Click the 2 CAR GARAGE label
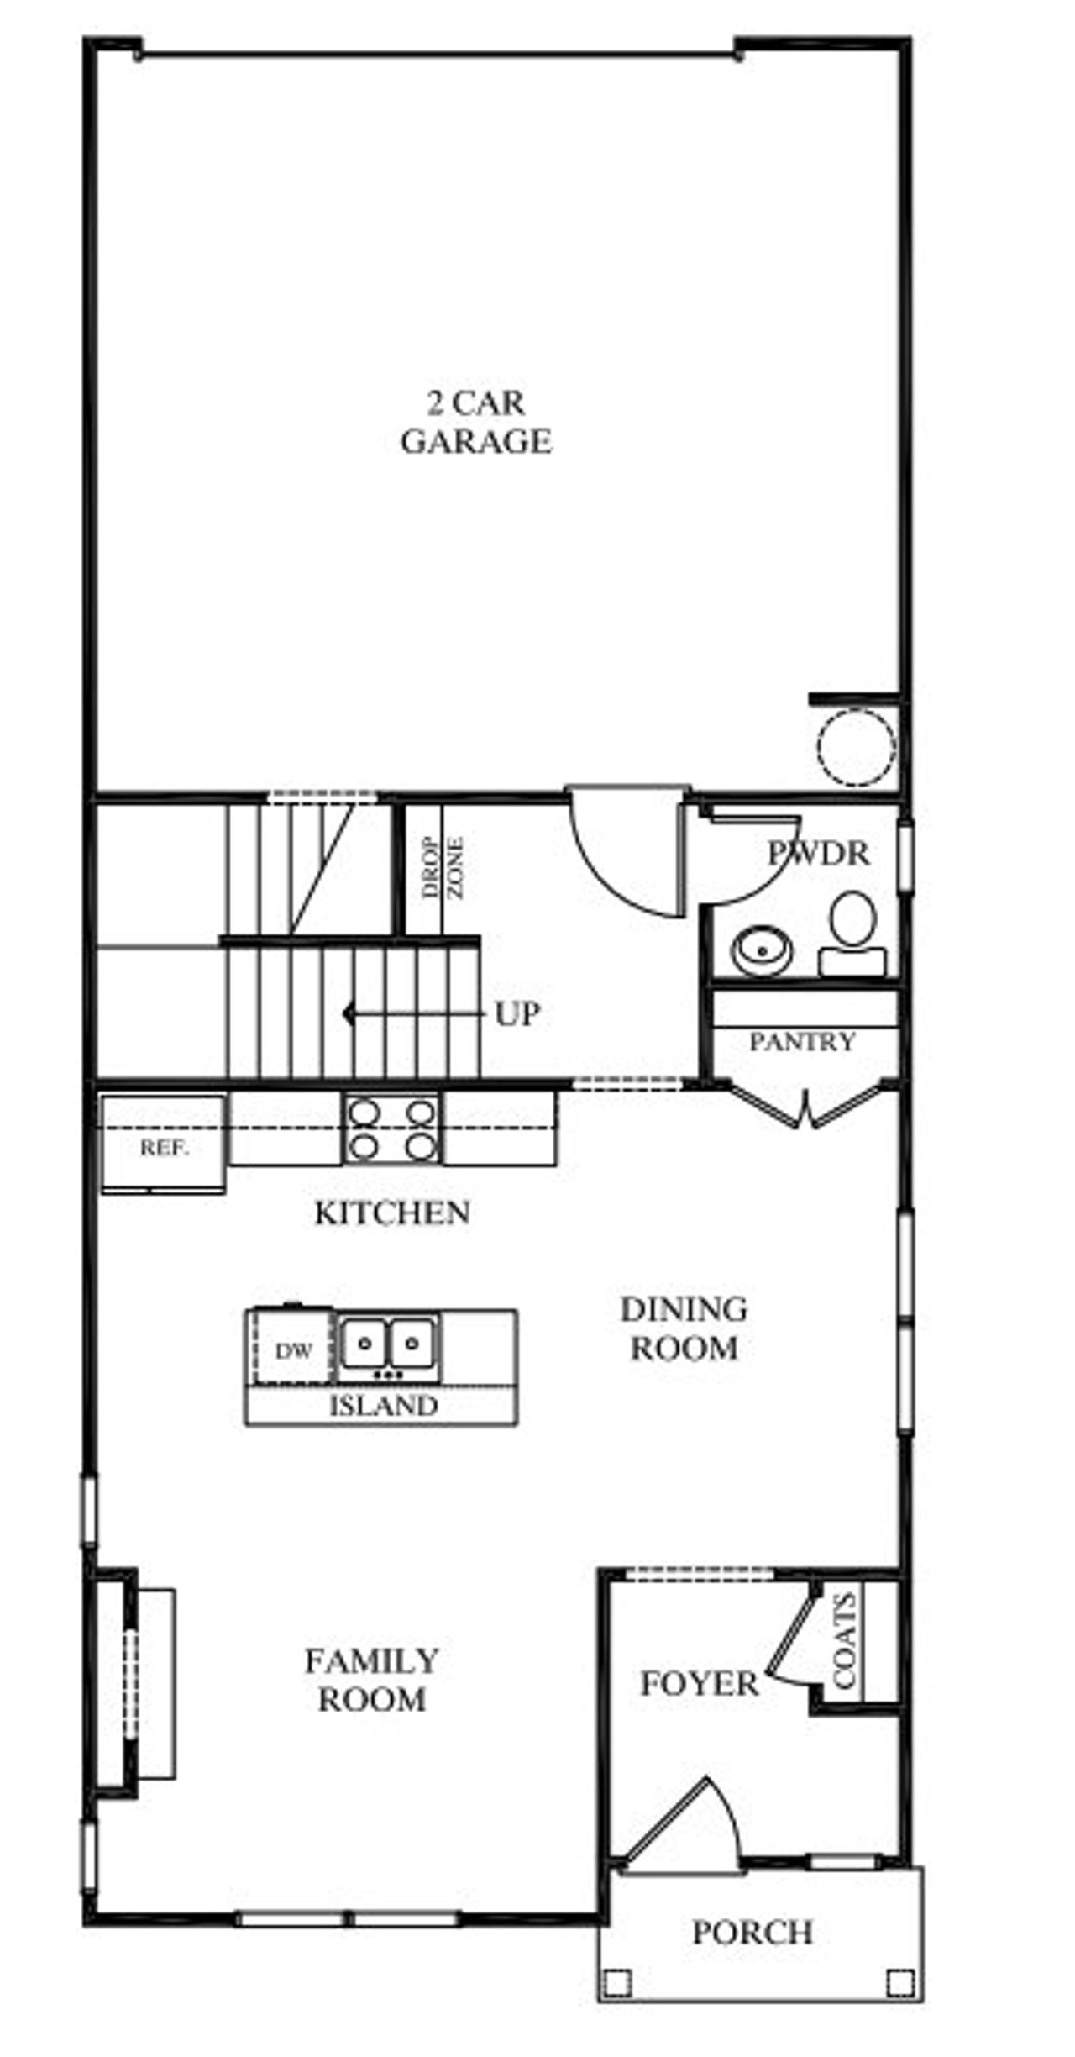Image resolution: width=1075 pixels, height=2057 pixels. pos(475,423)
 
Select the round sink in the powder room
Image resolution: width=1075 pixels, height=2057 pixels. pos(763,950)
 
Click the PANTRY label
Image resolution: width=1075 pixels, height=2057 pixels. pos(802,1042)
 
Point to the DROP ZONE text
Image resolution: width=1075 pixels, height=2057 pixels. pos(443,867)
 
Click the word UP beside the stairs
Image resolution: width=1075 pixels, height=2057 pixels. pos(517,1015)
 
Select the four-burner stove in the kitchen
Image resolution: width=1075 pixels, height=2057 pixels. pos(392,1128)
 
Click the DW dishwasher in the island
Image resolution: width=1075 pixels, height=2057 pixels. pos(293,1351)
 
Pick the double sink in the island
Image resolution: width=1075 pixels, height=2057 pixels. pos(389,1345)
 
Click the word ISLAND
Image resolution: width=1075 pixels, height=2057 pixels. pos(383,1406)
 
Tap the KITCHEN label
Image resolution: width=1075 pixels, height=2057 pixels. pos(392,1213)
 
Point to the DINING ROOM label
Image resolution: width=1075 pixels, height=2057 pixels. pos(684,1328)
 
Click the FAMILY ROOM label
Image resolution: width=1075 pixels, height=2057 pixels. pos(371,1680)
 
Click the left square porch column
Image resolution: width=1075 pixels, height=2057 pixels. pos(617,1982)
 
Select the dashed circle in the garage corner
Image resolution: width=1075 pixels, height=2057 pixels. pos(857,746)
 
